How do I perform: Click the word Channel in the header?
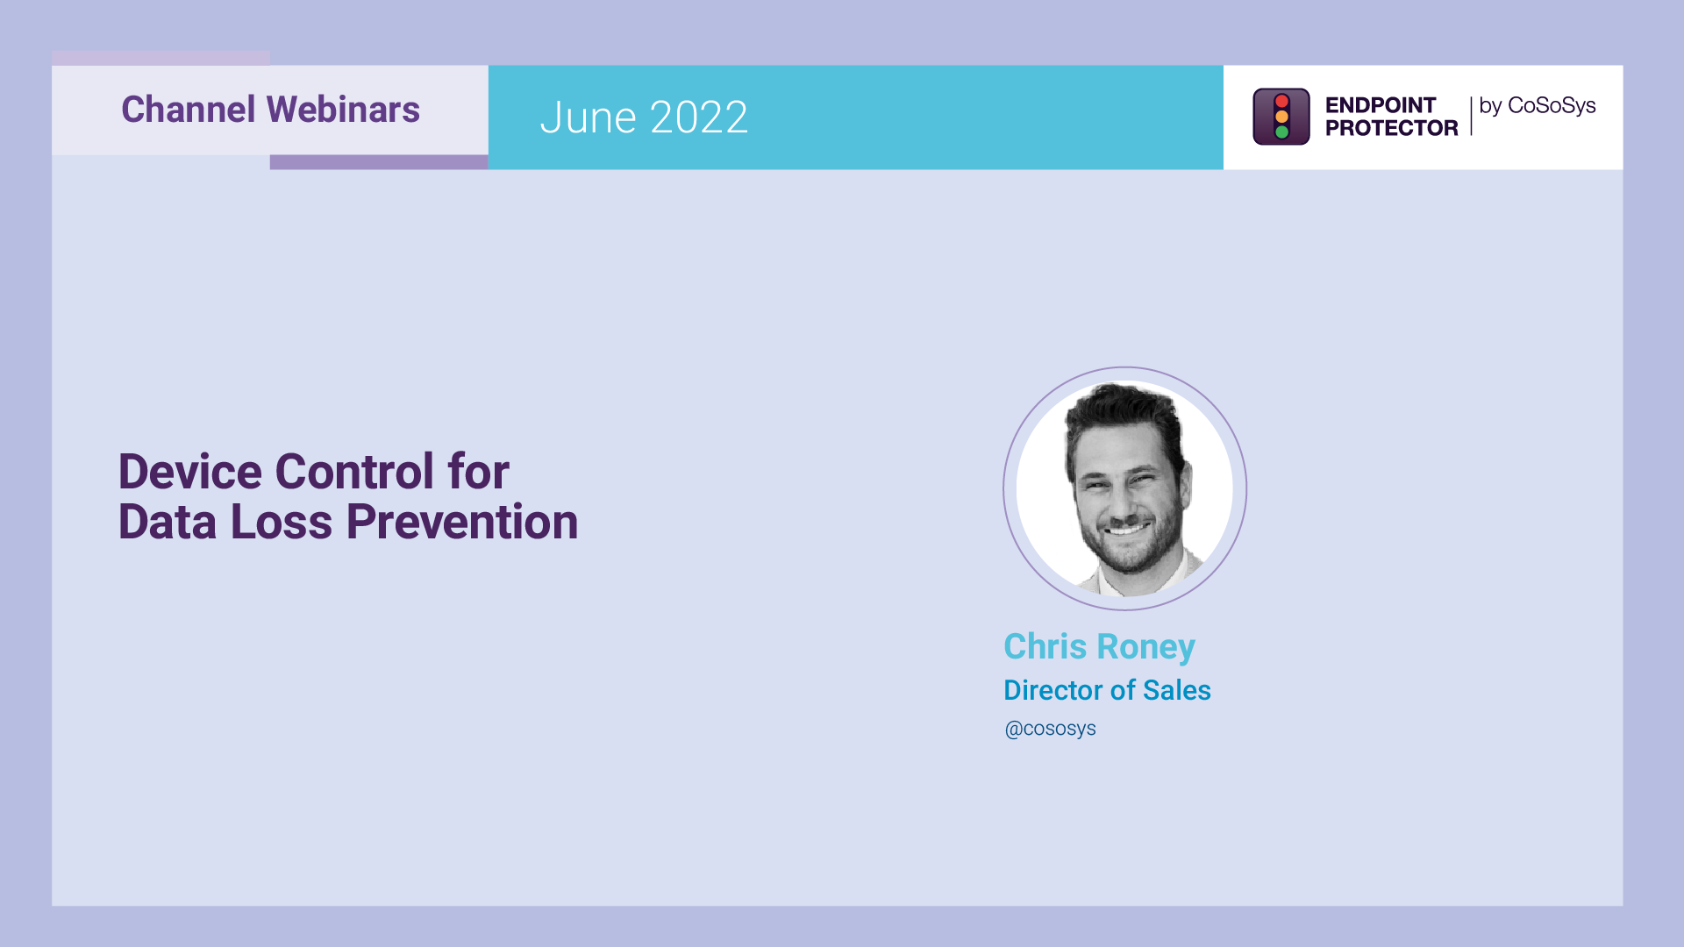(x=188, y=110)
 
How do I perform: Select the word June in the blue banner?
(x=588, y=117)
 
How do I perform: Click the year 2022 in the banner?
(x=699, y=117)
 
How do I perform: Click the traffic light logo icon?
(x=1281, y=117)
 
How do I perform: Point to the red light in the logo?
(x=1281, y=101)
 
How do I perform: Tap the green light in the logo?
(x=1281, y=132)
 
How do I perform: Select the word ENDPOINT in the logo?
(x=1380, y=105)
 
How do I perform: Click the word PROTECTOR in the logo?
(x=1391, y=128)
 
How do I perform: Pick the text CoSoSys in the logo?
(x=1551, y=105)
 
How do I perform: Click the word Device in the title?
(x=189, y=472)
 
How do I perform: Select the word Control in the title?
(x=354, y=472)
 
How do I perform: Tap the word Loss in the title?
(x=281, y=522)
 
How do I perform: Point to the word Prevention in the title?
(x=461, y=522)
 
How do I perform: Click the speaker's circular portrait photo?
(x=1124, y=488)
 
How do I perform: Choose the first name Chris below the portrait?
(x=1045, y=647)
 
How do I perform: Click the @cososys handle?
(x=1050, y=729)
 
